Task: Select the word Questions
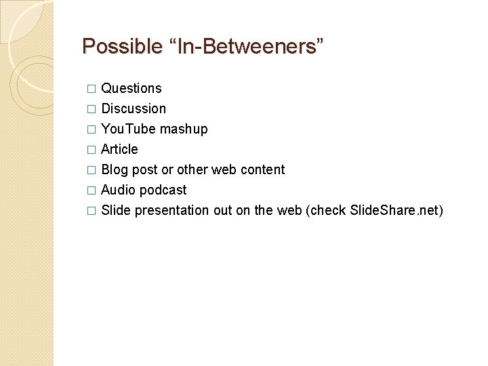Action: click(131, 88)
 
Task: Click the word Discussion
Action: click(134, 108)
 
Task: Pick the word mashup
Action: click(184, 129)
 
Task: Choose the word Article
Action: click(119, 149)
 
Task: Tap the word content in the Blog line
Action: click(262, 169)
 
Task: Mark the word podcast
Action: click(163, 190)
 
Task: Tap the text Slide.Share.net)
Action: click(396, 210)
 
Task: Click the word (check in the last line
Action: click(327, 210)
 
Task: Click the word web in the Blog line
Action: click(224, 169)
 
